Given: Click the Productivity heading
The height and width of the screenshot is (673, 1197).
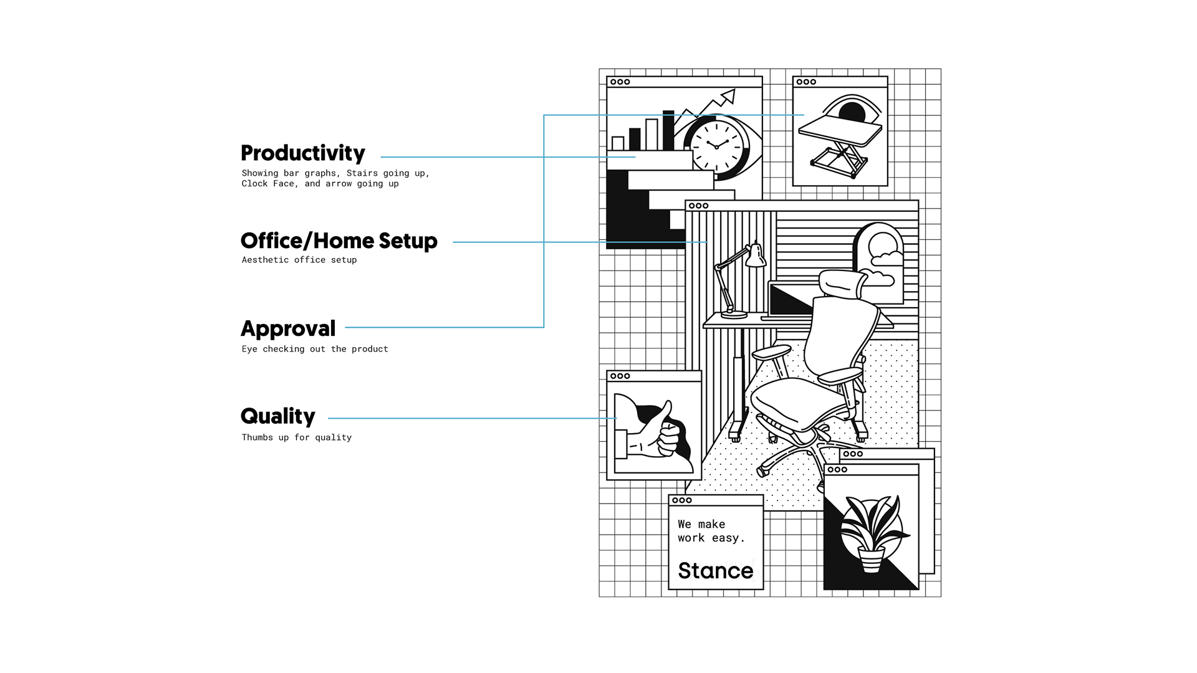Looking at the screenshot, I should coord(303,153).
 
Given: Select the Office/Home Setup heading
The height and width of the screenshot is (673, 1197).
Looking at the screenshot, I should coord(339,241).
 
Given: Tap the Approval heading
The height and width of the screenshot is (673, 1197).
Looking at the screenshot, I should coord(288,329).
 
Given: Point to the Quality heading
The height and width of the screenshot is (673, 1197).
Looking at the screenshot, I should coord(278,416).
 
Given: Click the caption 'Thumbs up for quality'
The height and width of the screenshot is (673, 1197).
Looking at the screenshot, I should coord(296,437).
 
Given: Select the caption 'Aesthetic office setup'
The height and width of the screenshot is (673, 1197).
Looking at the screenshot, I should coord(299,260).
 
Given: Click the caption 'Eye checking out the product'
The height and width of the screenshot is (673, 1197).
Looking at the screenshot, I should coord(314,349).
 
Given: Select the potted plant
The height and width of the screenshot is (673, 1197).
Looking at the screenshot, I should coord(872,533).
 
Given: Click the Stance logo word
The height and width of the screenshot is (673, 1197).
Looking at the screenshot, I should coord(715,571).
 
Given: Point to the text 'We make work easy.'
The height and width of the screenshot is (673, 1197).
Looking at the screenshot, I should coord(710,531).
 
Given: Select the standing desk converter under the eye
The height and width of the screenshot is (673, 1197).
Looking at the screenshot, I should coord(840,143).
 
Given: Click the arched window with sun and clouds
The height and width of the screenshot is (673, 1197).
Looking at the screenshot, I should coord(879,262).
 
